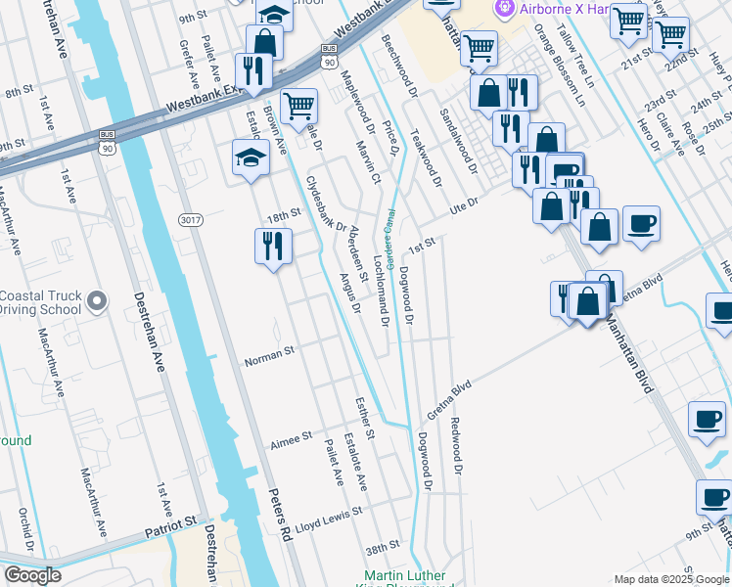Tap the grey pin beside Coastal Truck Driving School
pyautogui.click(x=96, y=302)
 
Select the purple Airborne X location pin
pyautogui.click(x=505, y=10)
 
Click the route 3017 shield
pyautogui.click(x=190, y=220)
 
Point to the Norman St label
pyautogui.click(x=269, y=352)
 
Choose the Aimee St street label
pyautogui.click(x=291, y=435)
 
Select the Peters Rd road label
pyautogui.click(x=281, y=515)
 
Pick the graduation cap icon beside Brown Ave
pyautogui.click(x=251, y=157)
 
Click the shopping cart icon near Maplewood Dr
pyautogui.click(x=298, y=104)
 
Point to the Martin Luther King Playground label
pyautogui.click(x=405, y=577)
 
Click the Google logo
pyautogui.click(x=32, y=576)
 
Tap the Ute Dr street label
pyautogui.click(x=463, y=206)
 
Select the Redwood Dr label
pyautogui.click(x=455, y=447)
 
